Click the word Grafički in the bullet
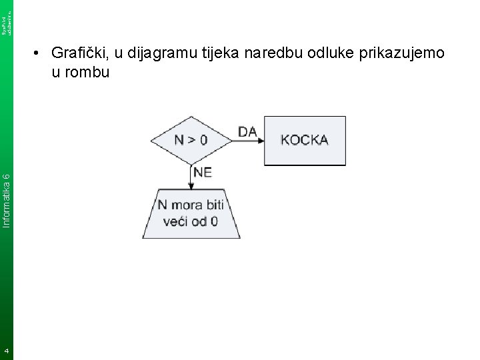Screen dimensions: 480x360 (78, 53)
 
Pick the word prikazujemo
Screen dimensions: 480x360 (403, 53)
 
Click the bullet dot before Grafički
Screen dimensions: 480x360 (39, 53)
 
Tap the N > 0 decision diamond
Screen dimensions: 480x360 (191, 140)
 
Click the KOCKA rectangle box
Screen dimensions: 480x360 (305, 140)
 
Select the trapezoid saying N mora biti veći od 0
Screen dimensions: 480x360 (191, 212)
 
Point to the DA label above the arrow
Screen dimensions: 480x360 (247, 132)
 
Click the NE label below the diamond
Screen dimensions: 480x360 (203, 172)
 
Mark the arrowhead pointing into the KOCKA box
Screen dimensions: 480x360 (261, 141)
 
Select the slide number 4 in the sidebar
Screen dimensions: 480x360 (6, 351)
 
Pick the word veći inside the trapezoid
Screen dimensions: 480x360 (177, 220)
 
